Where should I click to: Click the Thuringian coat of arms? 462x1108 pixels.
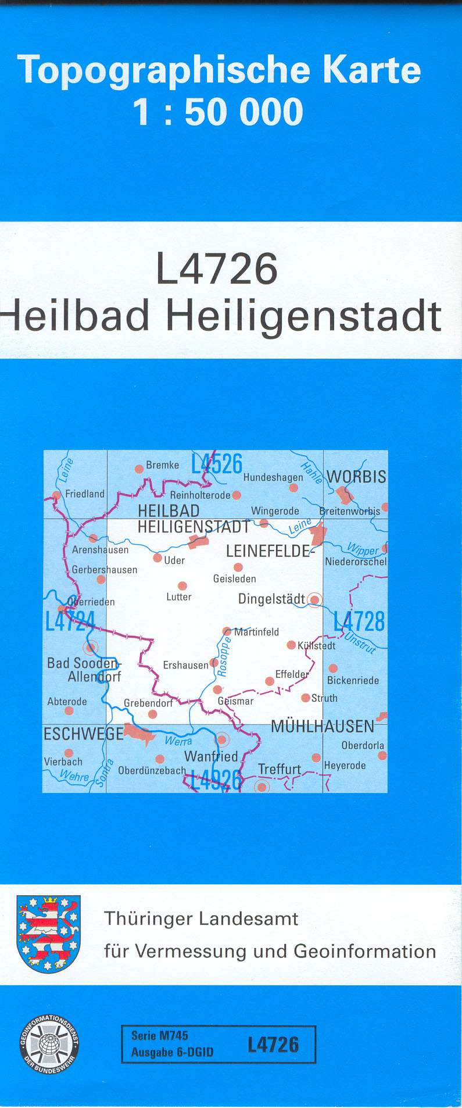pos(48,934)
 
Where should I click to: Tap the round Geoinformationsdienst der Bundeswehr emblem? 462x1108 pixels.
pos(49,1043)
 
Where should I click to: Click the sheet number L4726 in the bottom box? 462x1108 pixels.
pos(273,1045)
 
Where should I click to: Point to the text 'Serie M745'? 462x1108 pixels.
pos(160,1035)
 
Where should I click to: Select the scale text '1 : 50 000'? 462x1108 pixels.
pos(218,112)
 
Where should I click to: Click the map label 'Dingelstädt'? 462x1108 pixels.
pos(271,599)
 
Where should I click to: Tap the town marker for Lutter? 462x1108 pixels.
pos(182,586)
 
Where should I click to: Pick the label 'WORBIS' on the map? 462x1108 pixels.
pos(356,477)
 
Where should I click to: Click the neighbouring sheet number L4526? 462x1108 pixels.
pos(217,464)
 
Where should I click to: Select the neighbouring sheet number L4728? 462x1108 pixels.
pos(359,621)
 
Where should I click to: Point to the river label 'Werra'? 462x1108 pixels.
pos(178,741)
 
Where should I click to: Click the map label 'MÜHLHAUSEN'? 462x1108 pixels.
pos(323,726)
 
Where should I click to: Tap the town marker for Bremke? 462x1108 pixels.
pos(139,469)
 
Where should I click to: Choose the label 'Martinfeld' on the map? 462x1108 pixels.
pos(256,632)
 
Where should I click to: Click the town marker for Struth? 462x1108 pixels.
pos(306,698)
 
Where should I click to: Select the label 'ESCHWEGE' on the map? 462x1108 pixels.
pos(84,734)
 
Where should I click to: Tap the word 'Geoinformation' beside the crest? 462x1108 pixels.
pos(364,951)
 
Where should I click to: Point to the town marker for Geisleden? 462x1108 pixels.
pos(238,567)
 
